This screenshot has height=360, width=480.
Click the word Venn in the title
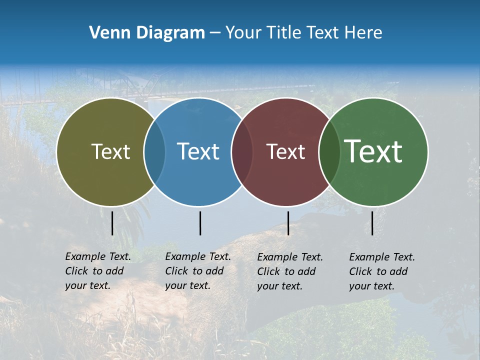point(106,33)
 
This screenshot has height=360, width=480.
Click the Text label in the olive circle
point(110,151)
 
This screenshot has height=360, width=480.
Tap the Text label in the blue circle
point(198,151)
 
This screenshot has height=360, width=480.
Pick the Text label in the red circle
point(285,152)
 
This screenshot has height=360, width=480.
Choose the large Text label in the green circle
point(373,151)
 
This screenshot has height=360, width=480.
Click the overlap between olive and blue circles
point(154,151)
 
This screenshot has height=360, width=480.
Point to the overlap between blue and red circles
point(242,151)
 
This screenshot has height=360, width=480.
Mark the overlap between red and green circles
point(329,151)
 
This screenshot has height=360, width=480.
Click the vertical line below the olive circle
point(112,223)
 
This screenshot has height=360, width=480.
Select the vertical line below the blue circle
point(200,223)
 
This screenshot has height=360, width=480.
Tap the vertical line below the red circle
point(288,223)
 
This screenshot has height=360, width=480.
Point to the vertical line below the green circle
point(372,223)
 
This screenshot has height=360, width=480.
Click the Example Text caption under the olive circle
point(97,271)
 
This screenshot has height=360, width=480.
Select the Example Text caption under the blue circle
point(197,271)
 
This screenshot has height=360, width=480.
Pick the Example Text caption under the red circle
point(289,271)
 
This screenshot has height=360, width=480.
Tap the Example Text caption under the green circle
point(381,271)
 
